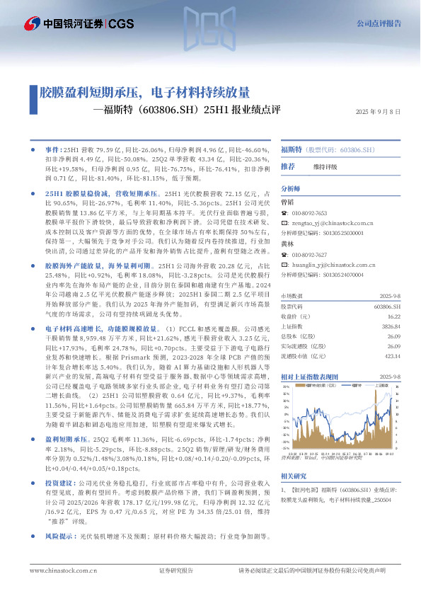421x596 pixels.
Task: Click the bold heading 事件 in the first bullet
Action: (53, 150)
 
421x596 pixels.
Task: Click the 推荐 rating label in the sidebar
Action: (288, 167)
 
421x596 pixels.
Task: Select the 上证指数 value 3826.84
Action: (392, 326)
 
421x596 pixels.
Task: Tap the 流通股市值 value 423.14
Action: (393, 356)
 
